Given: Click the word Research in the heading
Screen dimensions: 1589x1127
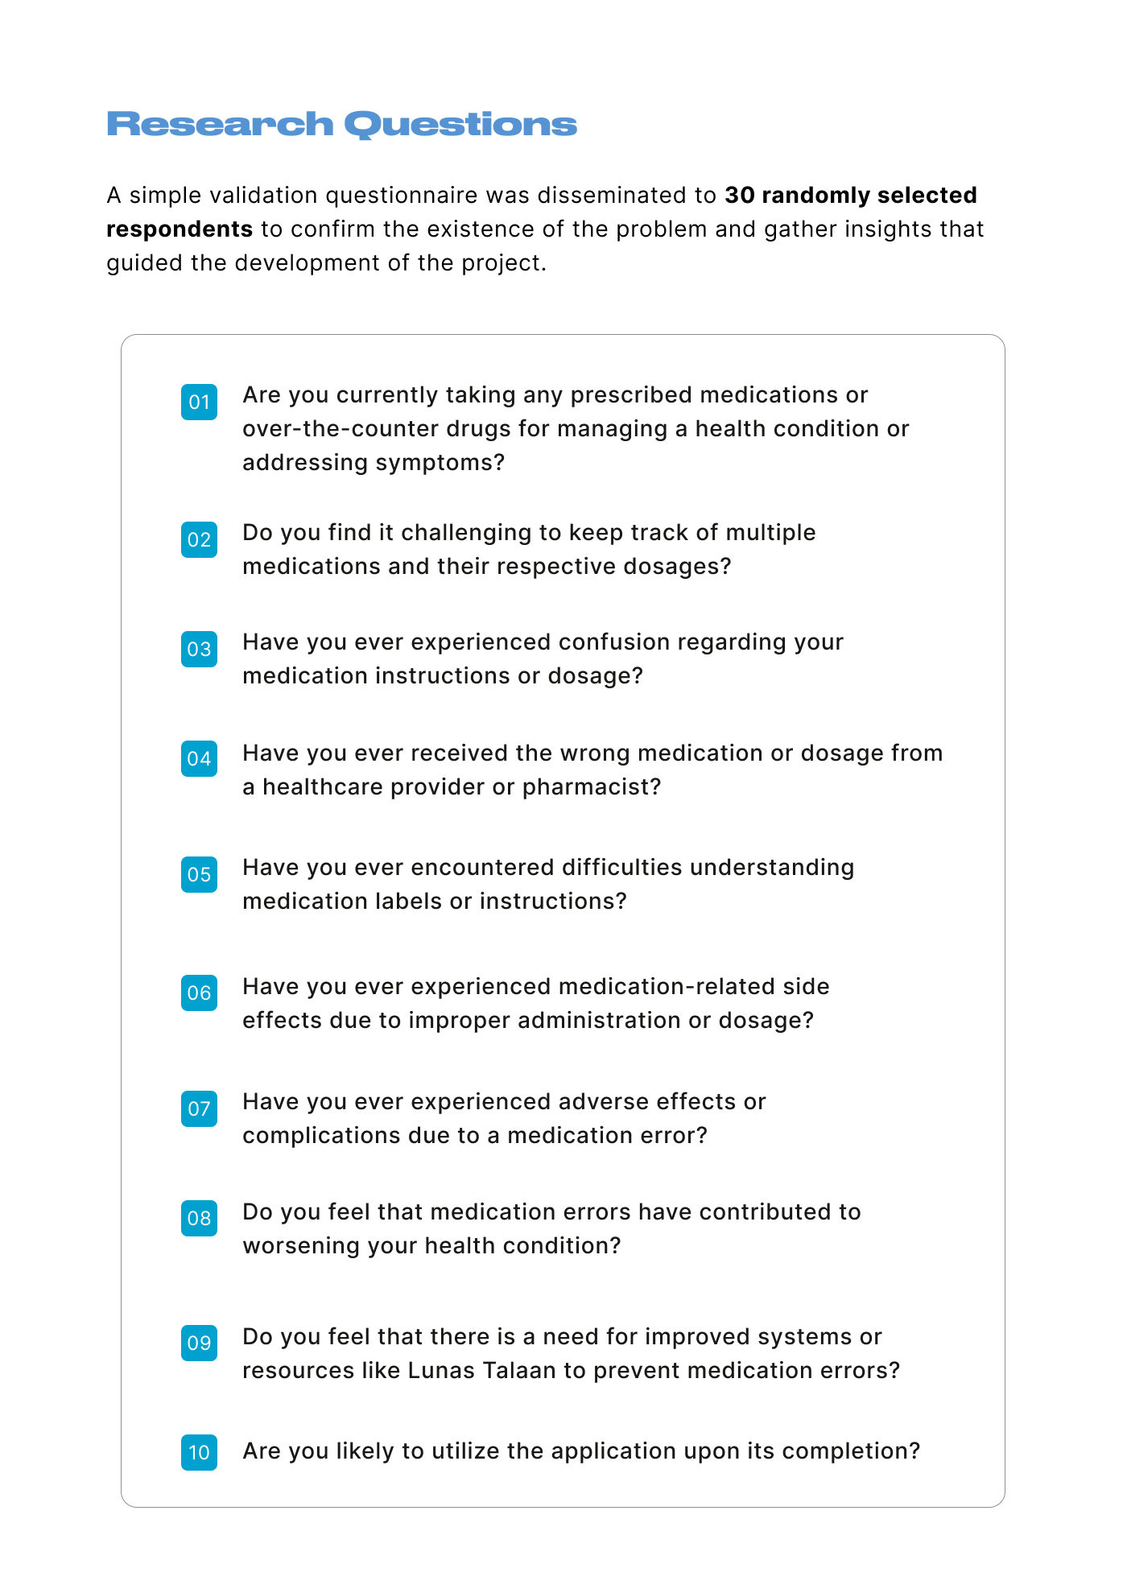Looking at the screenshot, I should click(x=220, y=125).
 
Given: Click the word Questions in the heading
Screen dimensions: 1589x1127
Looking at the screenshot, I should click(x=460, y=125).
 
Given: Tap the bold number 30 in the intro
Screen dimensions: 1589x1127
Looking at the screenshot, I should click(x=739, y=196).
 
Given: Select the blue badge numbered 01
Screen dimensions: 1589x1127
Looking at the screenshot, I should click(x=199, y=402).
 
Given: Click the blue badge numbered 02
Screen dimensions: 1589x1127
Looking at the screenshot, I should click(x=199, y=539).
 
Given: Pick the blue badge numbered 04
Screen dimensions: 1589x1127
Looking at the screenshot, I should click(x=199, y=758).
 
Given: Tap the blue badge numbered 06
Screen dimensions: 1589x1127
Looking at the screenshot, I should click(x=199, y=993).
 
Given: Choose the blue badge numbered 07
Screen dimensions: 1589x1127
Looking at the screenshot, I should click(x=199, y=1108).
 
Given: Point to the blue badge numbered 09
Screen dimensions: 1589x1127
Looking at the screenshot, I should click(x=199, y=1343).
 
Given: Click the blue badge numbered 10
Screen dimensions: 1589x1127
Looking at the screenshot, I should click(x=199, y=1452).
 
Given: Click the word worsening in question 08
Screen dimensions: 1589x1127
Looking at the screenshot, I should click(x=300, y=1246).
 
